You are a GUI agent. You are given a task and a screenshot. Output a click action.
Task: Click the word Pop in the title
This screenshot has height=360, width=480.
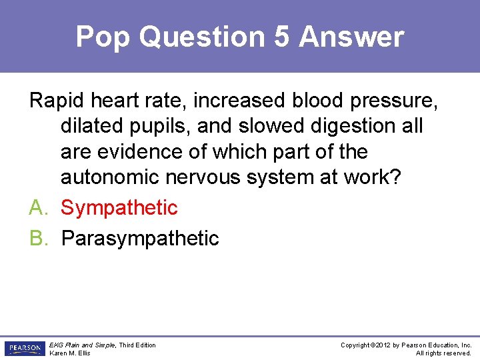click(x=102, y=37)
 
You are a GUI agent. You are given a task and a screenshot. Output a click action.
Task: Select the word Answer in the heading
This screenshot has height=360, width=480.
click(x=351, y=37)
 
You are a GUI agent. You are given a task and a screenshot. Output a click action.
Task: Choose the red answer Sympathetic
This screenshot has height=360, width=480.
click(x=119, y=207)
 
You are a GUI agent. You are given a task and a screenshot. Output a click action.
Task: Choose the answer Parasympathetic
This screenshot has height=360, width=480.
click(x=140, y=238)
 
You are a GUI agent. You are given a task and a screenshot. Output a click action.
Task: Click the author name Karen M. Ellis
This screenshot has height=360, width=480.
click(x=70, y=353)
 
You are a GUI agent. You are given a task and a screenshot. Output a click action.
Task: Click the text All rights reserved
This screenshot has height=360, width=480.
click(x=443, y=353)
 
